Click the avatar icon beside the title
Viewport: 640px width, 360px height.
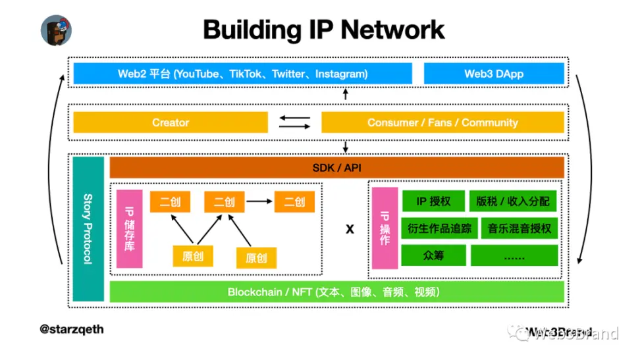[56, 29]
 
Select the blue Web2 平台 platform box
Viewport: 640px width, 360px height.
[242, 74]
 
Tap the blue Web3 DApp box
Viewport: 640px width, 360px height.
[494, 74]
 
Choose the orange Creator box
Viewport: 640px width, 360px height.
[171, 122]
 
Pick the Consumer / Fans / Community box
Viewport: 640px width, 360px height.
[442, 122]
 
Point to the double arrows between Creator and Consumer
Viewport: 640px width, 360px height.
[294, 122]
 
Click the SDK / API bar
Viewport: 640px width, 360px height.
[336, 167]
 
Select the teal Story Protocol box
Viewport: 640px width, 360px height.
[87, 228]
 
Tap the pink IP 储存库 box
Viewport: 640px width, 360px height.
[129, 228]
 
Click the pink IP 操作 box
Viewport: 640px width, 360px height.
[385, 228]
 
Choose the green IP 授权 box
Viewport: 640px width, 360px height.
[433, 201]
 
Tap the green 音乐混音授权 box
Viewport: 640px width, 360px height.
[520, 228]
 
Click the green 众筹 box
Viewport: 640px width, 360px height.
[433, 255]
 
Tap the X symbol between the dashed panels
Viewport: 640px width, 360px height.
[350, 229]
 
